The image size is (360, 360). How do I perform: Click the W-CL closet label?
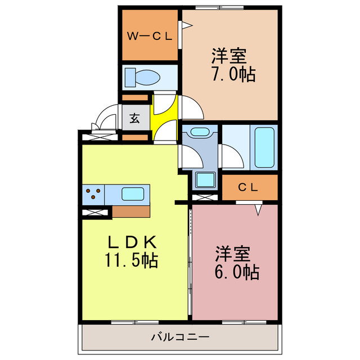point(148,37)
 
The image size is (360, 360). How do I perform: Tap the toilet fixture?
point(138,76)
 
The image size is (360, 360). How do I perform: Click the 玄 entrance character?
point(136,119)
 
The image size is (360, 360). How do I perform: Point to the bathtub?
point(264,146)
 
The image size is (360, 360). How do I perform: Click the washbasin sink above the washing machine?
point(199,133)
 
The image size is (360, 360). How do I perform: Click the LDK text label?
point(132,242)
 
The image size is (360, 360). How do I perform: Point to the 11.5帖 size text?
point(130,260)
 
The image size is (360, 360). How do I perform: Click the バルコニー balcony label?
point(180,337)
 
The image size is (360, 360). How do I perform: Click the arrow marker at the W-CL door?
point(185,25)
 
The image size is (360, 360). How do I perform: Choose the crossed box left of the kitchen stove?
point(94,213)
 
